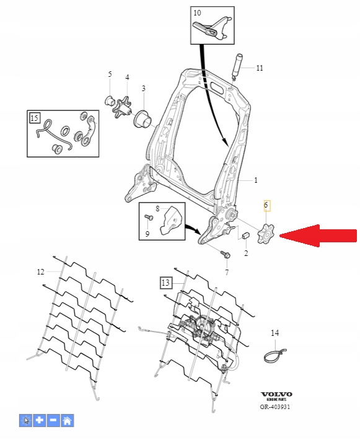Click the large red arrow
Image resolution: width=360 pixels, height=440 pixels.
pos(318,235)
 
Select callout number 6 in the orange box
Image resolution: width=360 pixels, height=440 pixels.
pos(266,205)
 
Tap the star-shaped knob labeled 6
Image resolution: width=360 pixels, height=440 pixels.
pos(265,234)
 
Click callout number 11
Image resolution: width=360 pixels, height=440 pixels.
pos(260,68)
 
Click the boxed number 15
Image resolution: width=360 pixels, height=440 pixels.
pos(35,118)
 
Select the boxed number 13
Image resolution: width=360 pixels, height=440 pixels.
pos(165,283)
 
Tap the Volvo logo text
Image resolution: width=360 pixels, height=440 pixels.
pos(276,394)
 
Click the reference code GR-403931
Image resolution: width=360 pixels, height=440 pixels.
pos(274,407)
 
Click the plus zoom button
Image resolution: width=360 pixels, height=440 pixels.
pos(40,420)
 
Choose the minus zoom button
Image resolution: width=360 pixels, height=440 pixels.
pos(53,420)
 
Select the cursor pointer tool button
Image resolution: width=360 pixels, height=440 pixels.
pos(26,420)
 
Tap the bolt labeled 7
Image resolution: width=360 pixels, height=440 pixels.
pos(226,254)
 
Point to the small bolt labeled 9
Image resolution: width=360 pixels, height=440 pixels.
pos(149,218)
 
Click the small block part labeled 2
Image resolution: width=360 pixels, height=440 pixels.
pos(245,235)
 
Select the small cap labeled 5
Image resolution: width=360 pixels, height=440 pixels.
pos(109,100)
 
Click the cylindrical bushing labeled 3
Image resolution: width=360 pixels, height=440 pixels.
pos(143,119)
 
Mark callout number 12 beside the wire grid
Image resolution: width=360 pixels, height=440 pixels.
pos(40,272)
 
